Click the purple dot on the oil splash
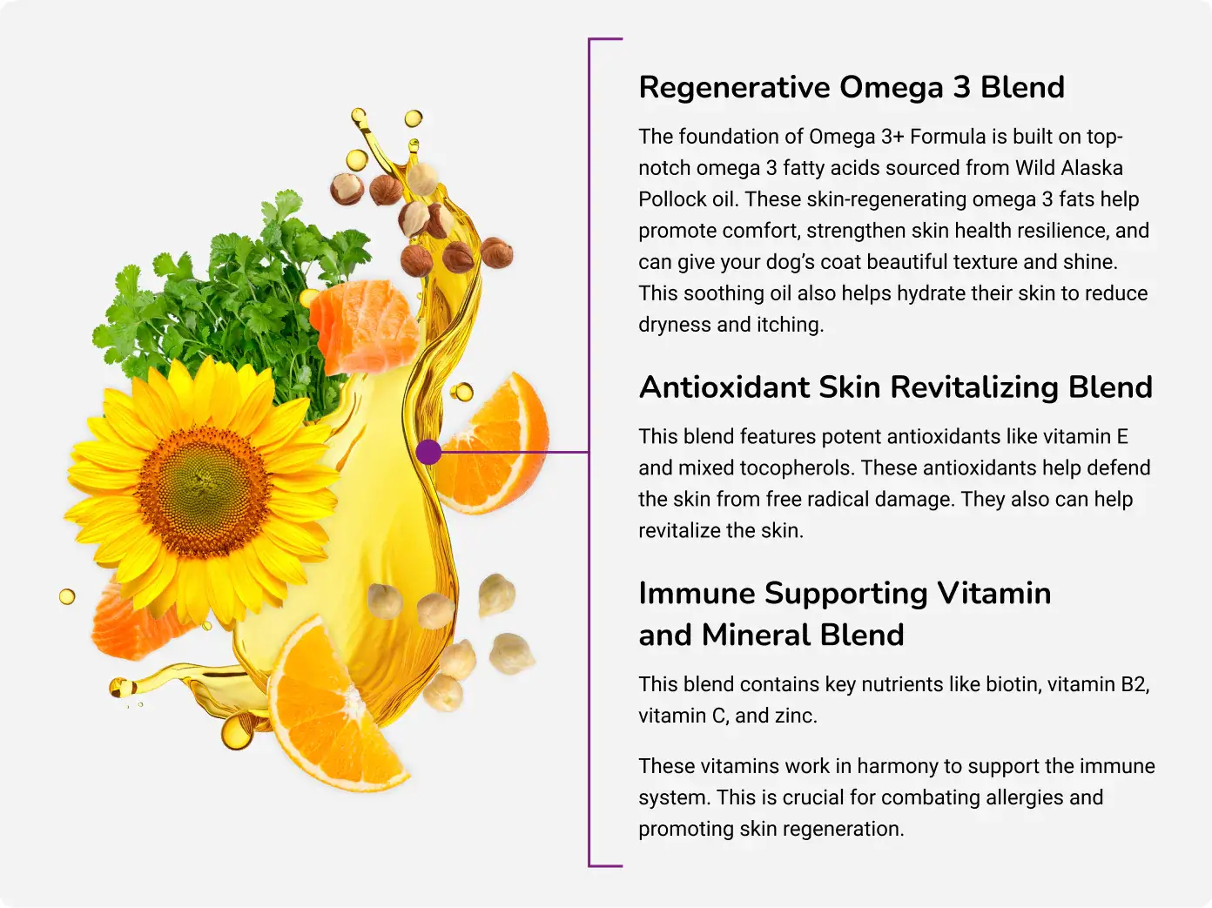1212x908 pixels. click(x=428, y=452)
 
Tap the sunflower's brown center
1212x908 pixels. click(x=204, y=491)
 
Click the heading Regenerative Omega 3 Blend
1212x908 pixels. click(x=852, y=88)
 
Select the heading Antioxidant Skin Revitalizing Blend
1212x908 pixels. click(x=896, y=387)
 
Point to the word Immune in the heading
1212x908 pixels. click(x=697, y=594)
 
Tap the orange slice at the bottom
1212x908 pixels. click(x=334, y=707)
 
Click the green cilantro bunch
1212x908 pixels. click(x=232, y=298)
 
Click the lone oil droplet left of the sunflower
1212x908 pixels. click(x=67, y=596)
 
